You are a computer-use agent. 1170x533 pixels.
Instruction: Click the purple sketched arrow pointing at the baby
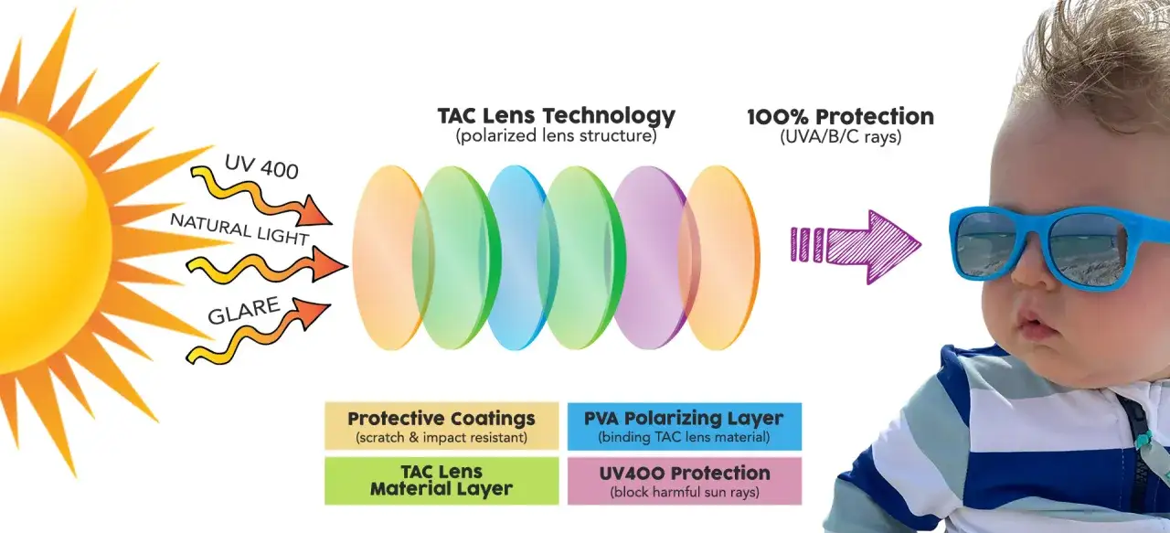point(856,246)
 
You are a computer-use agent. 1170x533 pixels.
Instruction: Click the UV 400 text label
point(261,167)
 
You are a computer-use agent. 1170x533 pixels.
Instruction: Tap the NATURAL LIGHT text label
point(239,229)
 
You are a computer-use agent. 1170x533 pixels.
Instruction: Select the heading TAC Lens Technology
point(557,116)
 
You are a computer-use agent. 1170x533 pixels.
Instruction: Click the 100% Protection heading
point(840,116)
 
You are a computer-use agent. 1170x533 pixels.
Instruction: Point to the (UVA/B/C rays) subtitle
point(840,137)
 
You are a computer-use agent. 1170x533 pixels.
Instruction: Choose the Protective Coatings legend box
point(441,426)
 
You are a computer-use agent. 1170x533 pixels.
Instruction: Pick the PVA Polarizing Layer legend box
point(685,426)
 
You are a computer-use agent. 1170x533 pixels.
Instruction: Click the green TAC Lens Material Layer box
point(441,481)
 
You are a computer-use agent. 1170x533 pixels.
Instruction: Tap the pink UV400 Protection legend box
point(685,481)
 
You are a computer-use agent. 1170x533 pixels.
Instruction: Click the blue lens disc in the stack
point(517,258)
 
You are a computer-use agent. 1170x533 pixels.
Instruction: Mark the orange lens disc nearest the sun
point(389,258)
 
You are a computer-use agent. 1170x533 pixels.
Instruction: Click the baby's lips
point(1032,324)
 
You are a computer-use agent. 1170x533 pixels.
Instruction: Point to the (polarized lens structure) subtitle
point(557,136)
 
